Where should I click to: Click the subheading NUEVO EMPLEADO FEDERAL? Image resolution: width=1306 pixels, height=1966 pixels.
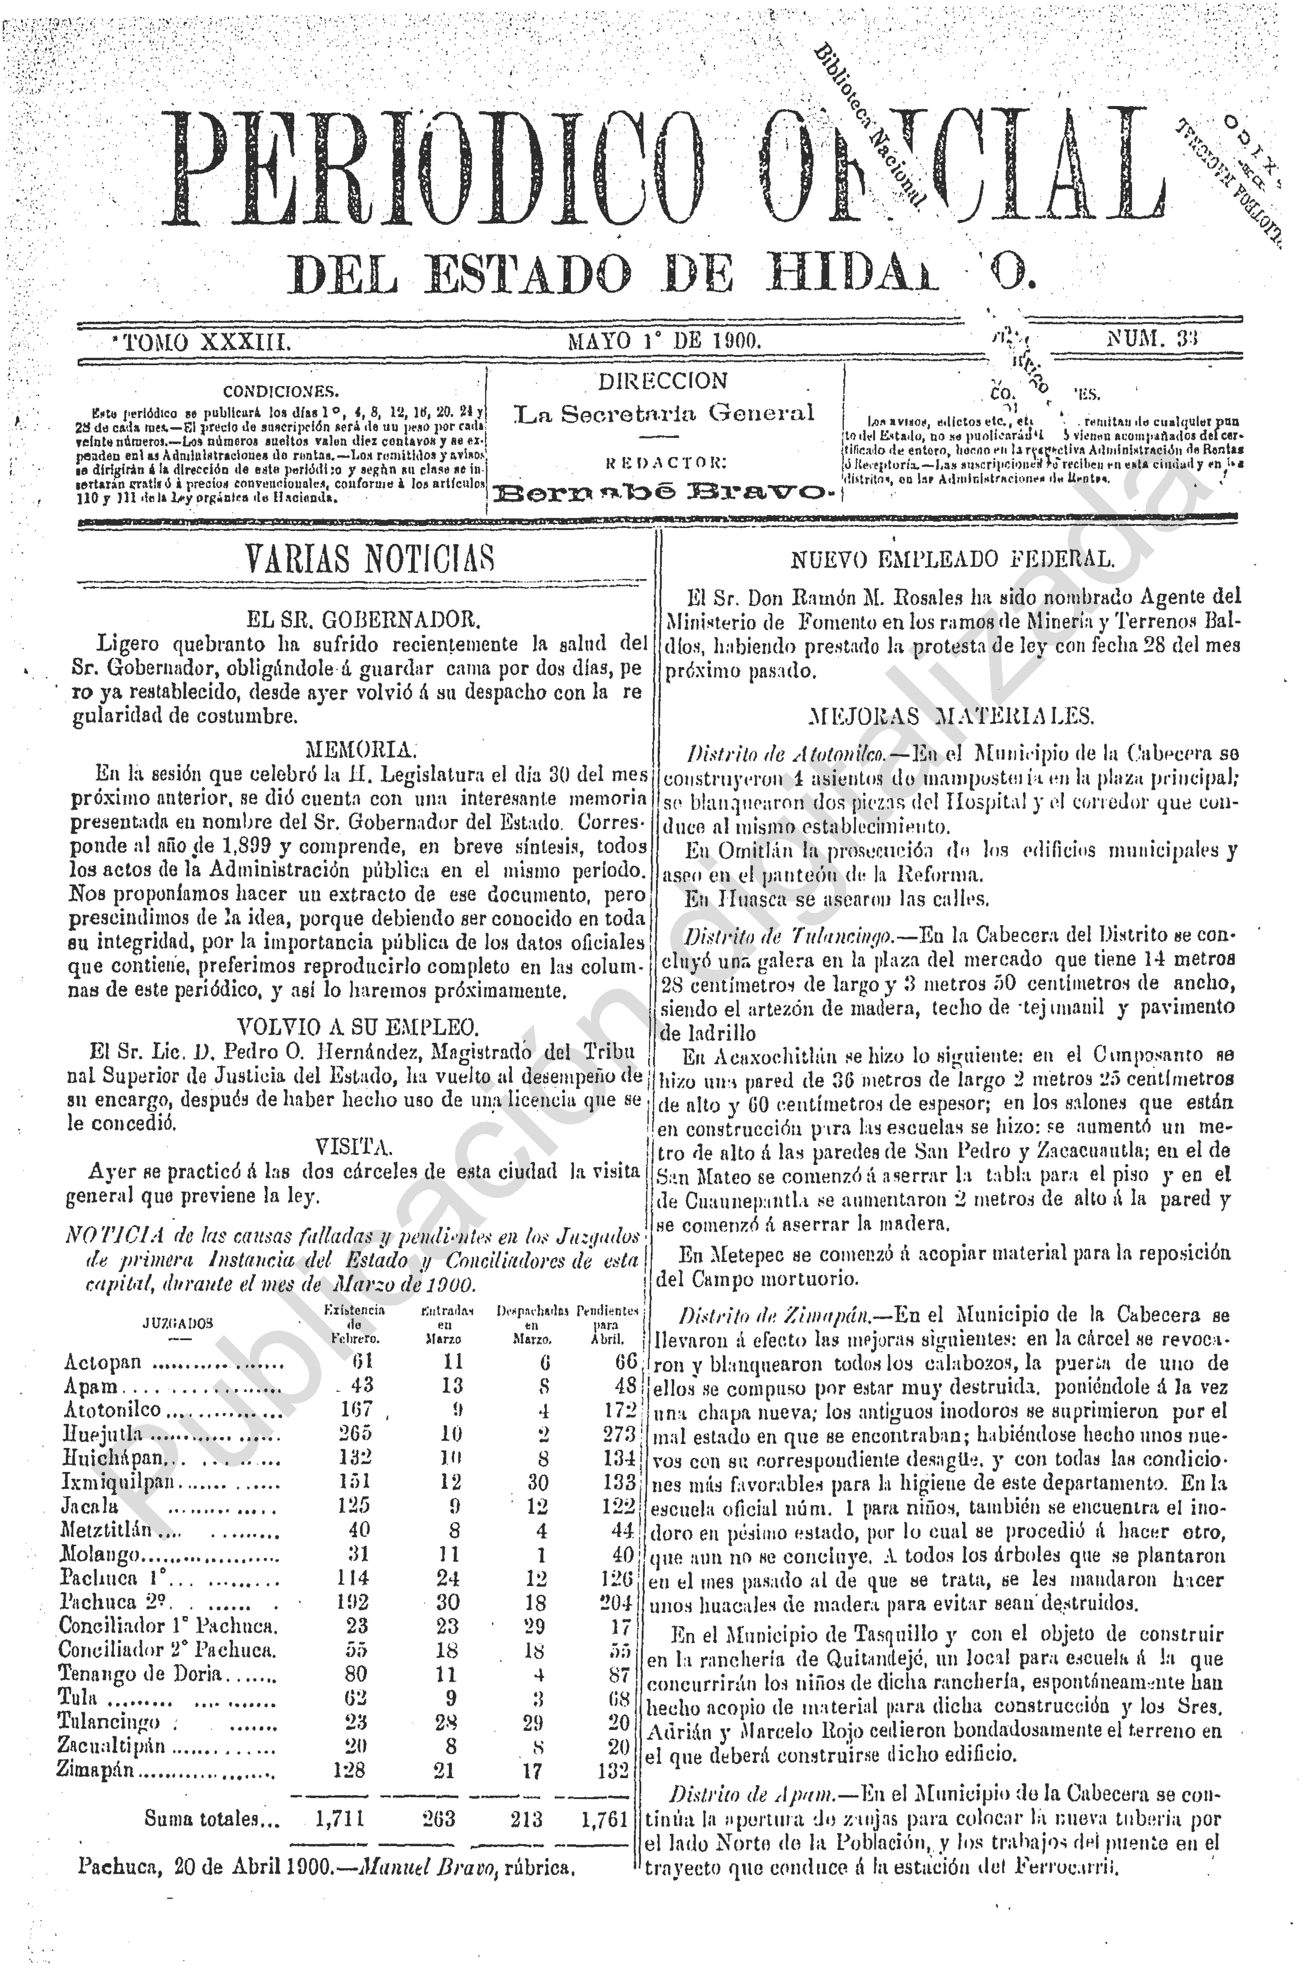(x=951, y=560)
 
